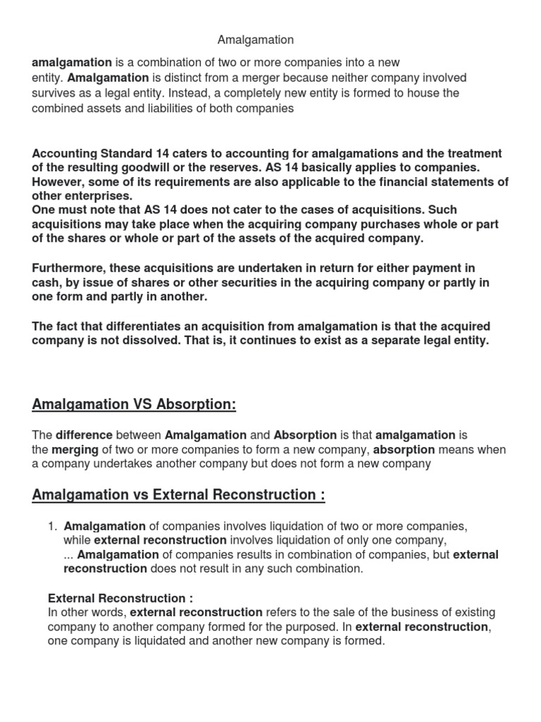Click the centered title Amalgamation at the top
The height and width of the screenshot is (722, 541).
coord(256,40)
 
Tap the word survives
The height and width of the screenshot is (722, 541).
coord(56,93)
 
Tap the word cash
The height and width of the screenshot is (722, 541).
coord(45,282)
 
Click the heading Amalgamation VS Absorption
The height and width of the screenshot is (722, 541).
coord(134,405)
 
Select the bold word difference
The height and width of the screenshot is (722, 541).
coord(85,436)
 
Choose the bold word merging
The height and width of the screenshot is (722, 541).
coord(75,450)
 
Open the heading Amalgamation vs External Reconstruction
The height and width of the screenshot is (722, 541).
coord(178,495)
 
